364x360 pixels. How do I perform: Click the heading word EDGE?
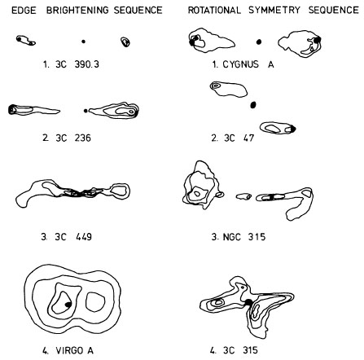(x=24, y=11)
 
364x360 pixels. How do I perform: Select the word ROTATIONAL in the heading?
(x=214, y=11)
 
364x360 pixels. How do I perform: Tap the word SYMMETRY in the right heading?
(x=274, y=11)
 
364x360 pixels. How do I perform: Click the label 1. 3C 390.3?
(x=71, y=64)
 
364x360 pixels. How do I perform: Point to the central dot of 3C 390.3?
(x=83, y=42)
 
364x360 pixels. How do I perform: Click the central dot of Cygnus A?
(x=259, y=42)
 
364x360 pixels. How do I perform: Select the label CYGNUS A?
(x=248, y=64)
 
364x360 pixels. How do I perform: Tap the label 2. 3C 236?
(x=67, y=138)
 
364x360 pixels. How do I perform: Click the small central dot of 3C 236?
(x=86, y=111)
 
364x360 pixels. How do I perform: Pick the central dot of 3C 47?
(x=253, y=105)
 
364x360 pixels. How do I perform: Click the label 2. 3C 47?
(x=233, y=138)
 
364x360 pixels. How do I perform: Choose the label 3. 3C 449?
(x=67, y=237)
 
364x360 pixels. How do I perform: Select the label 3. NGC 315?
(x=239, y=237)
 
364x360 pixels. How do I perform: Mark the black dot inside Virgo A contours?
(x=68, y=305)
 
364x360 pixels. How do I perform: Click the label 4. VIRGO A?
(x=68, y=350)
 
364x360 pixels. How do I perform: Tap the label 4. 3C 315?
(x=234, y=350)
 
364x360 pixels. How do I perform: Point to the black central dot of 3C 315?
(x=248, y=302)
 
